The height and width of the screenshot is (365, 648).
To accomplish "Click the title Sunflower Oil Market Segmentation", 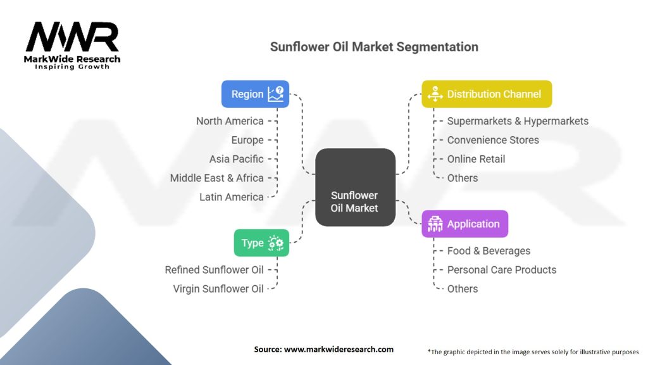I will pos(374,47).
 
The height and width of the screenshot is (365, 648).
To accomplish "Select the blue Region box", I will pos(255,94).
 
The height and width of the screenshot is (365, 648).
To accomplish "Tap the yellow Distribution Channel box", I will pos(487,94).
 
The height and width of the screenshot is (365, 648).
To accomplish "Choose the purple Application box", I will pos(464,224).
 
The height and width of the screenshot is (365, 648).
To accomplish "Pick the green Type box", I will pos(261,243).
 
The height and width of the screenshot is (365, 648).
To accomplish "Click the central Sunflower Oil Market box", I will pos(354,202).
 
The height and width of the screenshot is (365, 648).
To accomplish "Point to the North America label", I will pos(230,121).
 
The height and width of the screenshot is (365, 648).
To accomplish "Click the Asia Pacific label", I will pos(237,159).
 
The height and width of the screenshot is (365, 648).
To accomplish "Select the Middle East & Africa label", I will pos(217,178).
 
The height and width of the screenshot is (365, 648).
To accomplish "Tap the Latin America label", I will pos(232,197).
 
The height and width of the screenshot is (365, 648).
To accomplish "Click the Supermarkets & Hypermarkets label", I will pos(518,121).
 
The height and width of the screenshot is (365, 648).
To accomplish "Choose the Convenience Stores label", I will pos(493,140).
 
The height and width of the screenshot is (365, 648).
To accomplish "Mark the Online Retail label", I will pos(476,159).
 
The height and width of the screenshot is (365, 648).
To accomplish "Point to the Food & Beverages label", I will pos(489,251).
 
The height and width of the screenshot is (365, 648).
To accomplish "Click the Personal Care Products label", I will pos(502,270).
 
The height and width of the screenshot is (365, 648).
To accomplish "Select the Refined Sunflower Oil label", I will pos(215,270).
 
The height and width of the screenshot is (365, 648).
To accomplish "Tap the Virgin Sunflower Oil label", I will pos(218,289).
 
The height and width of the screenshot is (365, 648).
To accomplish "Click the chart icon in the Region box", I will pos(276,94).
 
